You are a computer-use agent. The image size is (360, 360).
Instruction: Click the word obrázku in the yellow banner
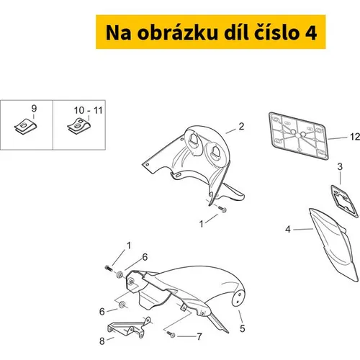click(177, 32)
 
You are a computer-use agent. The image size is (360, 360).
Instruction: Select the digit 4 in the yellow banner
click(311, 33)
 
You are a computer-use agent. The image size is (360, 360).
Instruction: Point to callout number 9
click(34, 109)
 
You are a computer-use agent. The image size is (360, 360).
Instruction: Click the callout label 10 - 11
click(88, 110)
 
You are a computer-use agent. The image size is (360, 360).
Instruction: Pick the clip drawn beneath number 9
click(26, 126)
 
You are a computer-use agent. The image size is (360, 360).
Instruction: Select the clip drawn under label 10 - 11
click(78, 126)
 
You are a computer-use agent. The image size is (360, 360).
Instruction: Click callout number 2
click(241, 127)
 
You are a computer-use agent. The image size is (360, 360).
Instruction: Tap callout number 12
click(355, 137)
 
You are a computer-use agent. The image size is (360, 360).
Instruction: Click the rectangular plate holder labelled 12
click(298, 136)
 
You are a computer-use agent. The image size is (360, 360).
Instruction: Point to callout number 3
click(340, 166)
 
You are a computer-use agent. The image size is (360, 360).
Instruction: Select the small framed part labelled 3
click(345, 201)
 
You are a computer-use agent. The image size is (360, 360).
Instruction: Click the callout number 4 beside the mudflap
click(288, 229)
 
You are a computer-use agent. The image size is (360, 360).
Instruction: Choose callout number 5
click(243, 328)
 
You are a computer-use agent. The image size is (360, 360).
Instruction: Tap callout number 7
click(199, 337)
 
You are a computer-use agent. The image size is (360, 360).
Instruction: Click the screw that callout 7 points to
click(171, 334)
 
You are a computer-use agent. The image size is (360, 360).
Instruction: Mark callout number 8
click(102, 341)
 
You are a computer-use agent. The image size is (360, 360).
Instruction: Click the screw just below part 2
click(222, 210)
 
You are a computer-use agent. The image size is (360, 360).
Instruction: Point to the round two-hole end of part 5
click(239, 298)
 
